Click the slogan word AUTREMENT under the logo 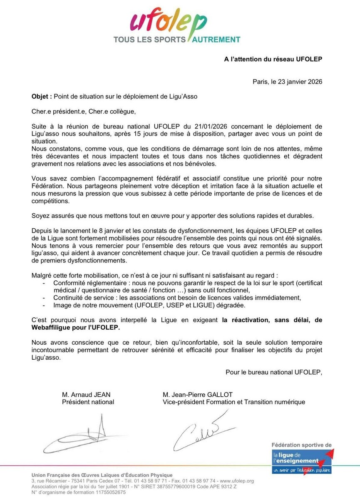[x=216, y=40]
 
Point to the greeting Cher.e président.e [x=59, y=111]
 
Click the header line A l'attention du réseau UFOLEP [x=273, y=59]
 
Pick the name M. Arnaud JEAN [x=86, y=395]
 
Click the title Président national [x=88, y=402]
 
